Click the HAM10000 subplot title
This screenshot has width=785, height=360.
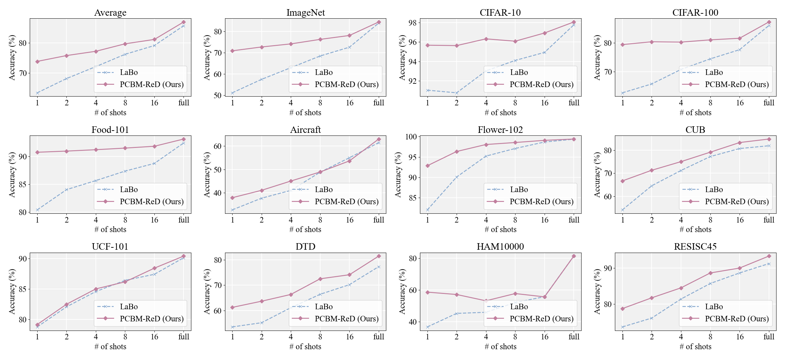500,246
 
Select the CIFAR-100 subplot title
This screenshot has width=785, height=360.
695,12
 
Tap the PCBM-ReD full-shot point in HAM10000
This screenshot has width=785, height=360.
574,256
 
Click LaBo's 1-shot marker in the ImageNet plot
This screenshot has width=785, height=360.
233,93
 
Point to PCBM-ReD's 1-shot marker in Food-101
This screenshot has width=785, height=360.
37,152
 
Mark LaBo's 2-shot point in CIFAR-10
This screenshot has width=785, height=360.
457,93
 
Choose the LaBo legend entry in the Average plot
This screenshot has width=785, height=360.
129,72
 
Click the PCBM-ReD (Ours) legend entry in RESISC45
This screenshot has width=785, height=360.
737,319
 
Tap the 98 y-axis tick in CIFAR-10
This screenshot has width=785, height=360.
412,23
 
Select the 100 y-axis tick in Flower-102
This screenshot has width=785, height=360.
411,137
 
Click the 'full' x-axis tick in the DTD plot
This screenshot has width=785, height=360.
379,337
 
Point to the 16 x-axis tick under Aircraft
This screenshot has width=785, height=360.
349,220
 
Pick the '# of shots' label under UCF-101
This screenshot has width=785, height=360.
110,347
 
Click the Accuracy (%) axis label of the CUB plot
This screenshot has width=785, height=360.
597,174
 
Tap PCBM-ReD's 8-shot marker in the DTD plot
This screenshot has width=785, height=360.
320,279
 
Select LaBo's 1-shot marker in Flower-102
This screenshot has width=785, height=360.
427,210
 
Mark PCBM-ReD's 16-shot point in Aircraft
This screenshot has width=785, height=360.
349,161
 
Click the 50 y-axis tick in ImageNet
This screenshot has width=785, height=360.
218,96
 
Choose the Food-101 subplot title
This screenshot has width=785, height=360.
110,130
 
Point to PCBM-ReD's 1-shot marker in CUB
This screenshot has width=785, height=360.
622,181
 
